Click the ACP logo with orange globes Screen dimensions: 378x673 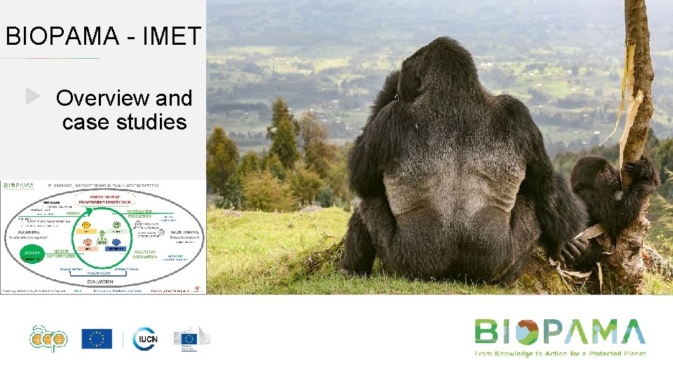(x=49, y=339)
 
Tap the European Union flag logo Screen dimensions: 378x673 (x=97, y=339)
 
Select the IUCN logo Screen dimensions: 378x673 (x=144, y=339)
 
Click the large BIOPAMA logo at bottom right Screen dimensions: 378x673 (x=559, y=332)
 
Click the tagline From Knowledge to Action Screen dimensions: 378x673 (x=559, y=353)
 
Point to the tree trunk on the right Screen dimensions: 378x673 (x=638, y=105)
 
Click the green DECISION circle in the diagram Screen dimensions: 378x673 (x=32, y=253)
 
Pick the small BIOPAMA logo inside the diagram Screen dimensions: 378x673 (x=18, y=185)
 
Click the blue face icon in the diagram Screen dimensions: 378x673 (x=116, y=225)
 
